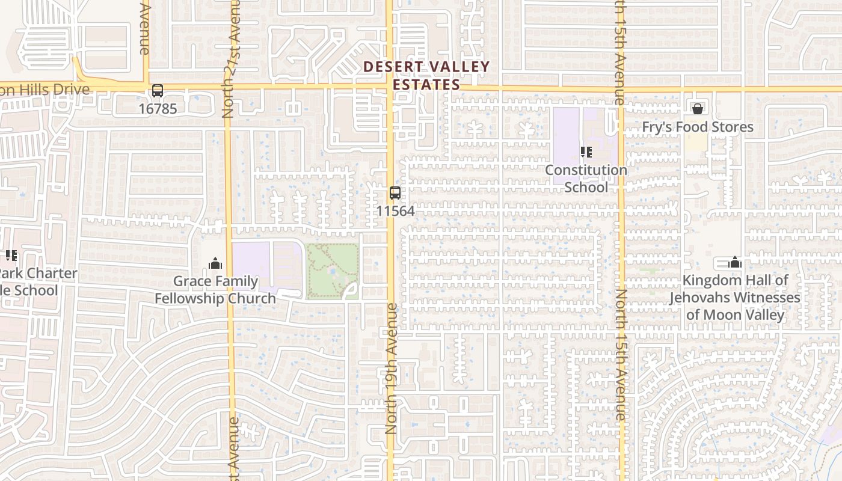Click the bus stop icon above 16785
click(x=158, y=91)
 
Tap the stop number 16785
click(x=158, y=109)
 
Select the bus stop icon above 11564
click(x=395, y=193)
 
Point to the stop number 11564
click(x=395, y=211)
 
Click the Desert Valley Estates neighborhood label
click(x=426, y=76)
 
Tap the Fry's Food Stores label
click(x=697, y=127)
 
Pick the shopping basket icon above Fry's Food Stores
click(x=698, y=109)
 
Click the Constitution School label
click(x=586, y=179)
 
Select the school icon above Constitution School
click(x=586, y=152)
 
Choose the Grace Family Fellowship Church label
click(x=215, y=290)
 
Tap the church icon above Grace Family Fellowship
click(x=215, y=263)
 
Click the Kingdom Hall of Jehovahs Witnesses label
click(x=735, y=298)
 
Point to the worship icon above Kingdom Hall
click(x=735, y=263)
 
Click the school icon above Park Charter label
click(x=11, y=256)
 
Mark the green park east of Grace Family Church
click(x=333, y=271)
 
